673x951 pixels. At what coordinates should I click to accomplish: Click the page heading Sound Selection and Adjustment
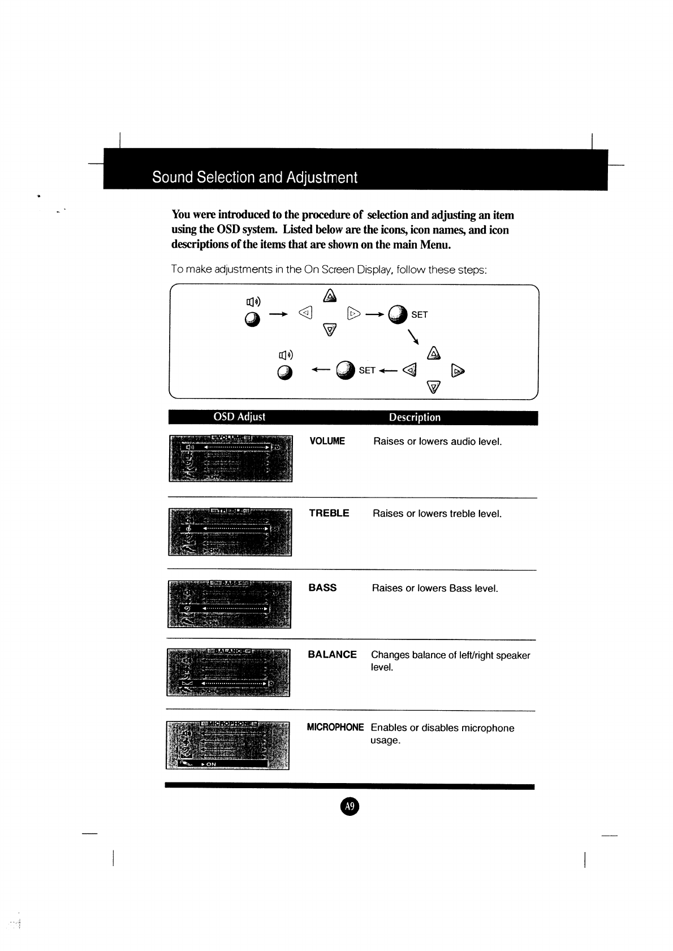pos(254,178)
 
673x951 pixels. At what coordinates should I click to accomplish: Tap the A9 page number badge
pos(350,807)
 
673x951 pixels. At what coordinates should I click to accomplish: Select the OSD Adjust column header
pos(239,417)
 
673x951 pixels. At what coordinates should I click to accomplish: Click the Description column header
pos(415,418)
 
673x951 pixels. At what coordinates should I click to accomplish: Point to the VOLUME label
pos(327,441)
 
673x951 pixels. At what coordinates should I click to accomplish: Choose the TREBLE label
pos(329,513)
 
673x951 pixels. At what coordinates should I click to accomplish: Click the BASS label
pos(322,588)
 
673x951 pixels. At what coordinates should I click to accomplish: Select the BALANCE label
pos(332,655)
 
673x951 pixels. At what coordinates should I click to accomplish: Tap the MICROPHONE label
pos(335,728)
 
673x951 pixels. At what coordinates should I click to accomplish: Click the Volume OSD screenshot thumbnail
pos(231,458)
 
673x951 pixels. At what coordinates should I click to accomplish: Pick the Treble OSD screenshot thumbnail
pos(230,532)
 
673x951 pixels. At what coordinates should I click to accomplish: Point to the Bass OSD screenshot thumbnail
pos(229,604)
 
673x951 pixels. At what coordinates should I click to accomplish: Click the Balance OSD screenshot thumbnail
pos(228,672)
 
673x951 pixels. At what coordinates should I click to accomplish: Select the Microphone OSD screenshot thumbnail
pos(227,745)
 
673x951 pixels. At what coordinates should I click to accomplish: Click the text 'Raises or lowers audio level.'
pos(437,442)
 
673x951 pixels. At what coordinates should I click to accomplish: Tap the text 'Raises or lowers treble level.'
pos(437,514)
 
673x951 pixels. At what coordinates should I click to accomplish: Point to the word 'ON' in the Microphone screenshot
pos(211,764)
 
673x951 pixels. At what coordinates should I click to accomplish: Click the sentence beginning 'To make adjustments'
pos(329,270)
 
